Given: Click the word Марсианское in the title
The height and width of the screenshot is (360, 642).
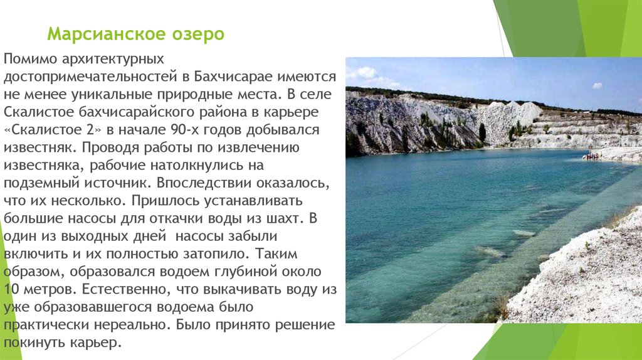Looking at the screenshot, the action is [x=106, y=34].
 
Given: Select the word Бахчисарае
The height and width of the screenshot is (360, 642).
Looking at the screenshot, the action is [x=233, y=77].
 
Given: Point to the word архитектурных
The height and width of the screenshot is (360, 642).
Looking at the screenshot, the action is [x=113, y=59].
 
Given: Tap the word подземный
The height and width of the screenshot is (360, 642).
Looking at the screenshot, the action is [x=41, y=183].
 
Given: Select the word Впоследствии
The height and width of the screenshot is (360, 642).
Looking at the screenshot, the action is [x=204, y=183].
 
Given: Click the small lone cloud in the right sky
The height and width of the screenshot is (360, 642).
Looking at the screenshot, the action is [x=597, y=85].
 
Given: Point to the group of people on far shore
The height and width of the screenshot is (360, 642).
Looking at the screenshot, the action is [x=592, y=156].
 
